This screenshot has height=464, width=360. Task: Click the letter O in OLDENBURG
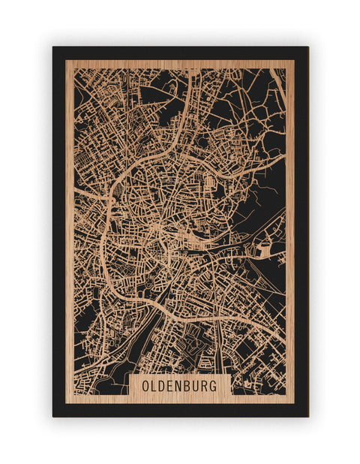tap(145, 386)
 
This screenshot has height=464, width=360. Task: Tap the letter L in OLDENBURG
tap(154, 386)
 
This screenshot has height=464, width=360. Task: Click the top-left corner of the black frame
tap(53, 47)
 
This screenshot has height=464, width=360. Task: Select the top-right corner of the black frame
tap(307, 47)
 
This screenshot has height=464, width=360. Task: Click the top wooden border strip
tap(180, 64)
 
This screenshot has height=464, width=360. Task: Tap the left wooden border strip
tap(69, 225)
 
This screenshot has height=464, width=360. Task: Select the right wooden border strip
tap(290, 225)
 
